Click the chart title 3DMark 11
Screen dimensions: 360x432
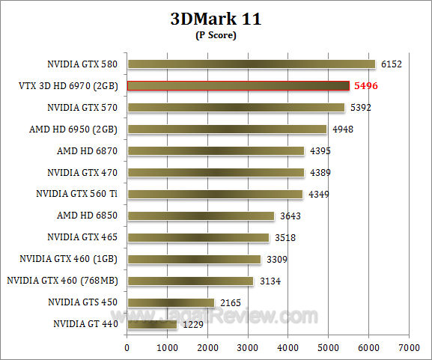click(216, 19)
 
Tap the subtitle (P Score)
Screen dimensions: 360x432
click(216, 35)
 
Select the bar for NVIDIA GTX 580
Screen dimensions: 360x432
click(251, 64)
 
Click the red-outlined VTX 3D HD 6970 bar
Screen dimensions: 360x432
click(238, 86)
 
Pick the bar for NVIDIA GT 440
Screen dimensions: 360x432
click(152, 324)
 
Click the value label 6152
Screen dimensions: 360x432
click(390, 64)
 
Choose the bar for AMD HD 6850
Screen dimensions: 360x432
click(201, 216)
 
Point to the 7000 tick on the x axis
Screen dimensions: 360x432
click(408, 347)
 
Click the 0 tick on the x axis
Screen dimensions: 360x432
click(127, 347)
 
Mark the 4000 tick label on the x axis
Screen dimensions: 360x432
click(288, 347)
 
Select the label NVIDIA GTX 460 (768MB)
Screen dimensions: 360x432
click(64, 281)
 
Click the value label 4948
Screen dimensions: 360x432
click(342, 129)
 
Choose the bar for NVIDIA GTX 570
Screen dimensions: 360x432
click(235, 108)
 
